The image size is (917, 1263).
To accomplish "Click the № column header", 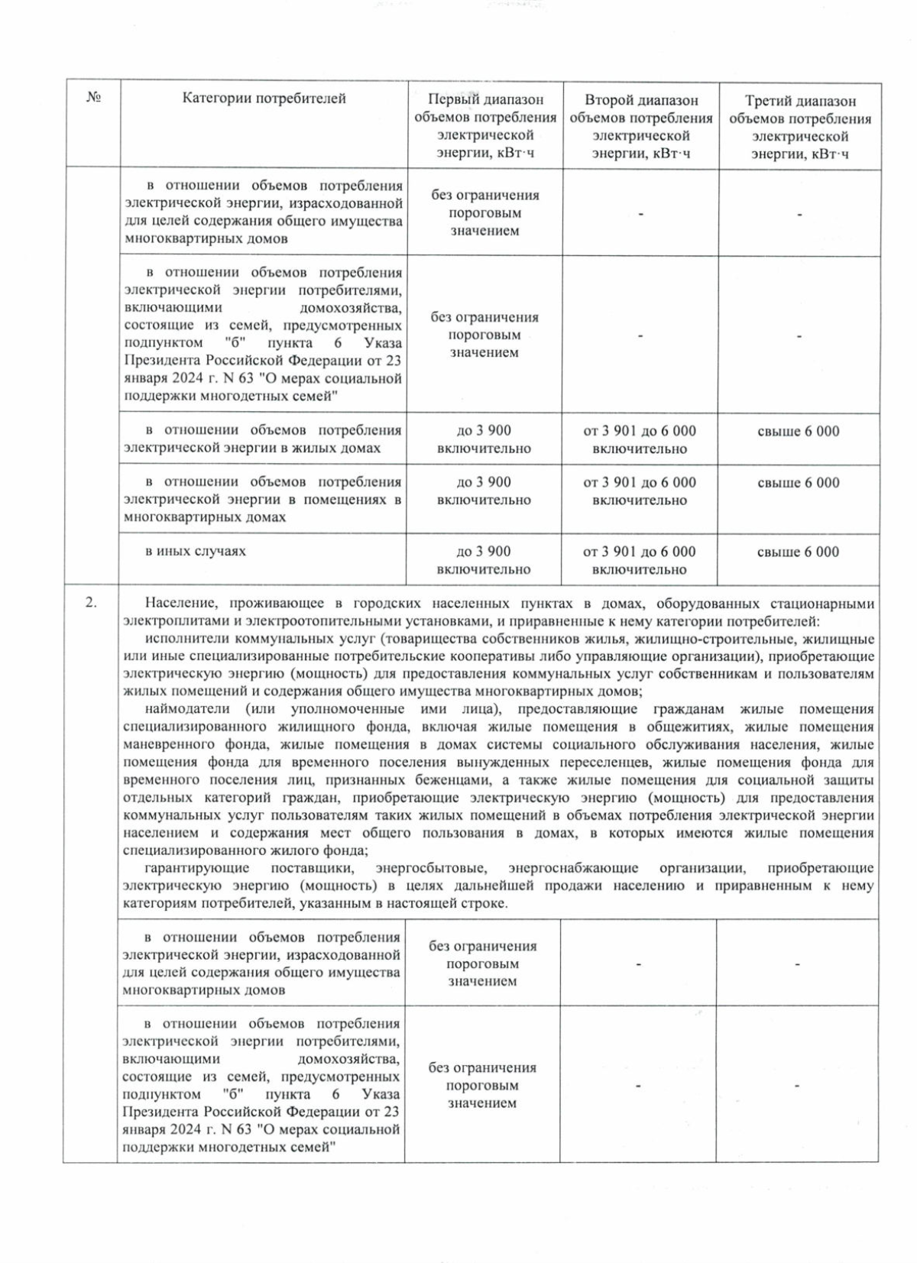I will coord(93,98).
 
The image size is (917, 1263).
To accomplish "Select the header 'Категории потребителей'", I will coord(264,98).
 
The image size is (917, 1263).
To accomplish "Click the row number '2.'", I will coord(91,602).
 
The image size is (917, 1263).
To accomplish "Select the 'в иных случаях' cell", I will coord(196,551).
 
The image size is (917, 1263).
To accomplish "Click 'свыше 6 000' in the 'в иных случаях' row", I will coord(798,552).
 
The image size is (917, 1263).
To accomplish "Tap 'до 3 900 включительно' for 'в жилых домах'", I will coord(484,439).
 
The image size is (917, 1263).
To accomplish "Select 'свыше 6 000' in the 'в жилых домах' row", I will coord(798,431).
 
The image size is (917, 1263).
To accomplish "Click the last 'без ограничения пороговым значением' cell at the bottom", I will coord(482,1085).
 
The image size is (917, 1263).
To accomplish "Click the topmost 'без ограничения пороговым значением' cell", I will coord(484,212).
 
